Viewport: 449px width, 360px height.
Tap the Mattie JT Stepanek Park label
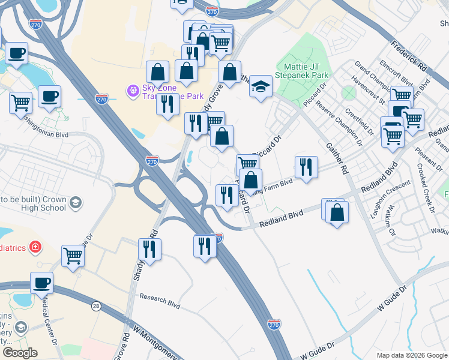(x=302, y=71)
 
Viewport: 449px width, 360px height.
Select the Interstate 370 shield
(x=211, y=11)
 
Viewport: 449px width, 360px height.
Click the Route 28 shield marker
(x=96, y=307)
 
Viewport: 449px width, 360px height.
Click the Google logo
(x=20, y=353)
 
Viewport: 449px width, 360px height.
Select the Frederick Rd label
(x=408, y=53)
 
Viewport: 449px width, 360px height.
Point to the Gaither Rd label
(x=337, y=159)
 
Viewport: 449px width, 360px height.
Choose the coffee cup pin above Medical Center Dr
(x=41, y=282)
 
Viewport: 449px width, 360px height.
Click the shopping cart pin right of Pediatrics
(x=73, y=256)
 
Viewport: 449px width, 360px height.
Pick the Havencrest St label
(x=369, y=91)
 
